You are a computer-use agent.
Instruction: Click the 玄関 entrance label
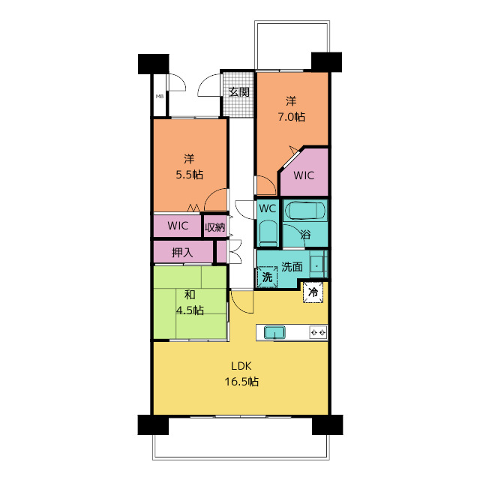[239, 91]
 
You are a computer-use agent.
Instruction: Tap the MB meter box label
[160, 97]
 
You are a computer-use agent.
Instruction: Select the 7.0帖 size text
[291, 117]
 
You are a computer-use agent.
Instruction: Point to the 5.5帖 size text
[189, 175]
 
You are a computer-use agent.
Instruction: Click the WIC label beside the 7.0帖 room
[304, 175]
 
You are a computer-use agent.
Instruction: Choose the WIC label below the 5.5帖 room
[178, 226]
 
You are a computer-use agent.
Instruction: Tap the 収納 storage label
[215, 227]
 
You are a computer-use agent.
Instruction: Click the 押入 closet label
[182, 253]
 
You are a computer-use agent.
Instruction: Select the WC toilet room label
[267, 208]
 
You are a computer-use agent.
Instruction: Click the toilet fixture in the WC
[268, 233]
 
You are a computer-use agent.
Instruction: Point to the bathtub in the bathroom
[305, 211]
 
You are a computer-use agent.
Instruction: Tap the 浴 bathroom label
[305, 235]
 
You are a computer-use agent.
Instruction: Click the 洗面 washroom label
[292, 267]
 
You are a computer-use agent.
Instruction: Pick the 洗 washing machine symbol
[267, 277]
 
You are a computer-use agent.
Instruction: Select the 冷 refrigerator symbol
[313, 292]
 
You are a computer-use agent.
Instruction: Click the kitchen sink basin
[275, 332]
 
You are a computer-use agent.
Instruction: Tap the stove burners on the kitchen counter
[318, 332]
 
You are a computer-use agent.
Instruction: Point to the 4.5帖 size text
[190, 310]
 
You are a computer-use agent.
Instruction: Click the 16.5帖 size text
[241, 382]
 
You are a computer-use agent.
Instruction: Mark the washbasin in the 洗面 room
[316, 264]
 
